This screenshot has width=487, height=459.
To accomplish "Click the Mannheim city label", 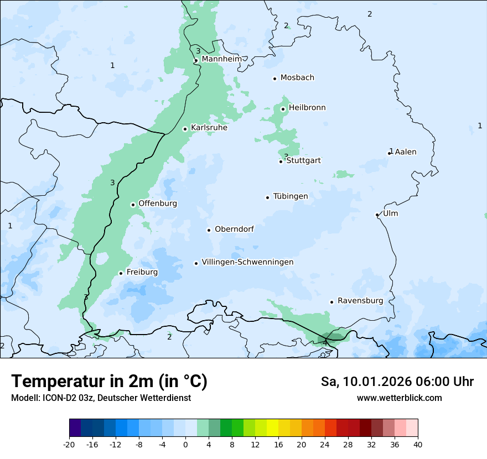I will coord(221,59).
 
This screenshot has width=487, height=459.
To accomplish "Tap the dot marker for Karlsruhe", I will coord(185,129).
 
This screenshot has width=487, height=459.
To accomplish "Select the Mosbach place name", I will coord(297,78).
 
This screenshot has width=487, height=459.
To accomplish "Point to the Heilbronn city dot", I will coord(283,109).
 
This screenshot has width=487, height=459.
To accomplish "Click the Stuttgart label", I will coord(303,161).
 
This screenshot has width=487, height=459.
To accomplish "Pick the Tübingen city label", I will coord(291,196).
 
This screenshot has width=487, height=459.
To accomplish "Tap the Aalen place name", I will coord(406,152).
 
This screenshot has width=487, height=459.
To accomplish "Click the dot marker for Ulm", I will coord(377,215).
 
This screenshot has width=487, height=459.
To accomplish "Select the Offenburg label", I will coord(158,204).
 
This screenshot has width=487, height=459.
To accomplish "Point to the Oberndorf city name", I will coord(234,229).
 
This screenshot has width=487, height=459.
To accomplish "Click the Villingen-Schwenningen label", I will coord(247,262).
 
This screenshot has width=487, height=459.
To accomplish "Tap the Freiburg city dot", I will coord(121,273).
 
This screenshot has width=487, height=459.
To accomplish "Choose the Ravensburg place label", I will coord(360,301).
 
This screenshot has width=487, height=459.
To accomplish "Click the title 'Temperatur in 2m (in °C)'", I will coord(110,382).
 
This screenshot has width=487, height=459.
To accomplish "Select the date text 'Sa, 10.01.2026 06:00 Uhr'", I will coord(397,382).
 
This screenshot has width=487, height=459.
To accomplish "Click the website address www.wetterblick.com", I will coord(399,398).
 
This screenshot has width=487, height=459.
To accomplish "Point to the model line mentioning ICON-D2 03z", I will coord(101,398).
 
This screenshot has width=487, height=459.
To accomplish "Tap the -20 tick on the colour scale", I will coord(69,445).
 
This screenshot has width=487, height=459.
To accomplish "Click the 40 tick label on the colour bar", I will coord(418,445).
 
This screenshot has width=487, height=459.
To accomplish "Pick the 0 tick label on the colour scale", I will coord(185,445).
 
